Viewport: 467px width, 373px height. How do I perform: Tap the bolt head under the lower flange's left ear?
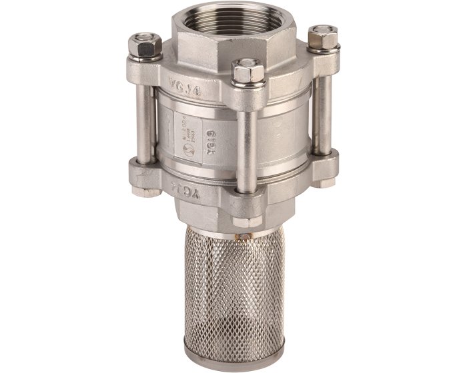143,192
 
